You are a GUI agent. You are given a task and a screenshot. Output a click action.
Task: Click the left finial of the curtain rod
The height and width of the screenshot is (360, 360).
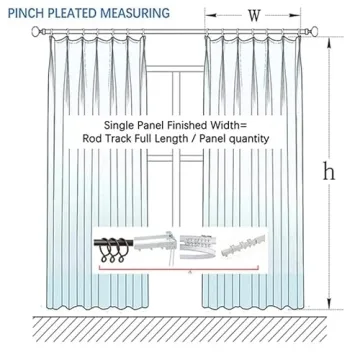[38, 33]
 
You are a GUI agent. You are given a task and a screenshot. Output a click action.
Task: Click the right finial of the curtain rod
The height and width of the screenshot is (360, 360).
[322, 33]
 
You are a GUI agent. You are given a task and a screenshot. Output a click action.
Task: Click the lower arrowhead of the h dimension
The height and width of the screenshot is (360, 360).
[327, 304]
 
